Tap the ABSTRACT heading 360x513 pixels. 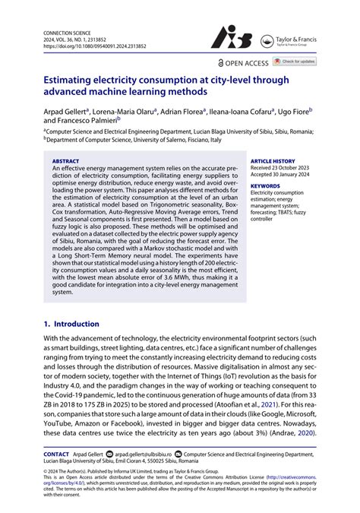click(x=65, y=162)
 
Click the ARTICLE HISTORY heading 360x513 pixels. click(x=273, y=162)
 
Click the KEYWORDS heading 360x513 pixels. click(x=265, y=186)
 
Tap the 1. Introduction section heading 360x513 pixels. click(x=71, y=324)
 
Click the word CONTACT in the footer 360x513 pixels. click(x=56, y=454)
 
